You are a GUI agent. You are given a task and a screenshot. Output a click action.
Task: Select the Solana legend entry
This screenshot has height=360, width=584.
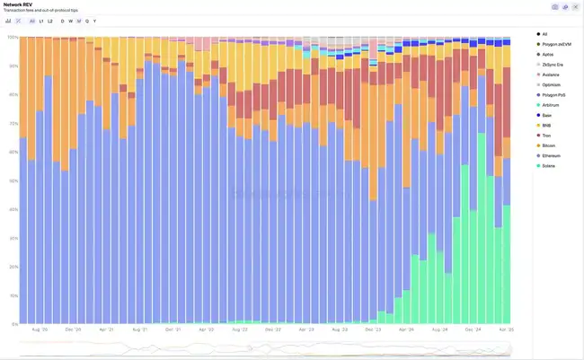point(548,166)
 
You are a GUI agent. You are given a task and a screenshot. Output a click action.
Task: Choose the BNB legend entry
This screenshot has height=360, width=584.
point(546,125)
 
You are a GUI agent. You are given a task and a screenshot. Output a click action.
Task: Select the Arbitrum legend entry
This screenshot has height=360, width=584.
point(550,105)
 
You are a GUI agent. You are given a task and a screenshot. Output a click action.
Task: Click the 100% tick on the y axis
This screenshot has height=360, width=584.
point(12,37)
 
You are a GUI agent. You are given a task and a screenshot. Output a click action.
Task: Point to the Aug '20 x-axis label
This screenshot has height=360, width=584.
point(39,329)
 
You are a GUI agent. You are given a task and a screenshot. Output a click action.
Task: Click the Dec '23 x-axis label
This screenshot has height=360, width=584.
point(372,329)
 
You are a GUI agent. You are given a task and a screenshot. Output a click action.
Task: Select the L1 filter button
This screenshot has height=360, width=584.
point(41,20)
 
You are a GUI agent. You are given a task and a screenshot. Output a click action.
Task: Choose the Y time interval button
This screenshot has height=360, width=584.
point(94,20)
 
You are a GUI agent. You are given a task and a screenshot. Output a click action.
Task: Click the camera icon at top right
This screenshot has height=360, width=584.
point(554,6)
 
